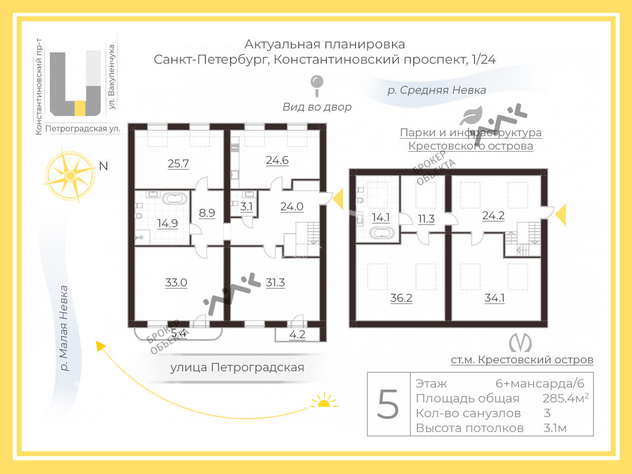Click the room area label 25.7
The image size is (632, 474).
click(x=178, y=163)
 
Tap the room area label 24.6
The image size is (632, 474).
click(x=277, y=160)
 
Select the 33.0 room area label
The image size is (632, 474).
click(x=176, y=283)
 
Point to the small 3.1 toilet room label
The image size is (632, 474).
click(x=246, y=207)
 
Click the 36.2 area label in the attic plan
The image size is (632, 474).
click(x=401, y=298)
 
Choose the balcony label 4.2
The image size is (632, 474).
click(x=297, y=335)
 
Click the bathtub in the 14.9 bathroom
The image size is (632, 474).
click(x=175, y=199)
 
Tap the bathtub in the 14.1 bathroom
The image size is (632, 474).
click(x=382, y=233)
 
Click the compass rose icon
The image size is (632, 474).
click(x=70, y=176)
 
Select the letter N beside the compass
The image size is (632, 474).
click(x=103, y=166)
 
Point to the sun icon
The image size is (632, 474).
click(x=324, y=401)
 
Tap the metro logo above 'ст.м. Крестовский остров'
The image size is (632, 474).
click(x=520, y=343)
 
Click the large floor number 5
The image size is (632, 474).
click(x=388, y=404)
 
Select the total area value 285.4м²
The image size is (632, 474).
click(x=565, y=398)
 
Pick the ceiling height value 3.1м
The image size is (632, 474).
click(x=555, y=428)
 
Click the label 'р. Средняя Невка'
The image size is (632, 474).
click(x=436, y=90)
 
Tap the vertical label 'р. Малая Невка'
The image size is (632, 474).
click(x=64, y=328)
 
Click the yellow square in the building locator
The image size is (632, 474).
click(x=80, y=108)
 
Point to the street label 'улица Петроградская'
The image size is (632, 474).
click(x=237, y=367)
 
